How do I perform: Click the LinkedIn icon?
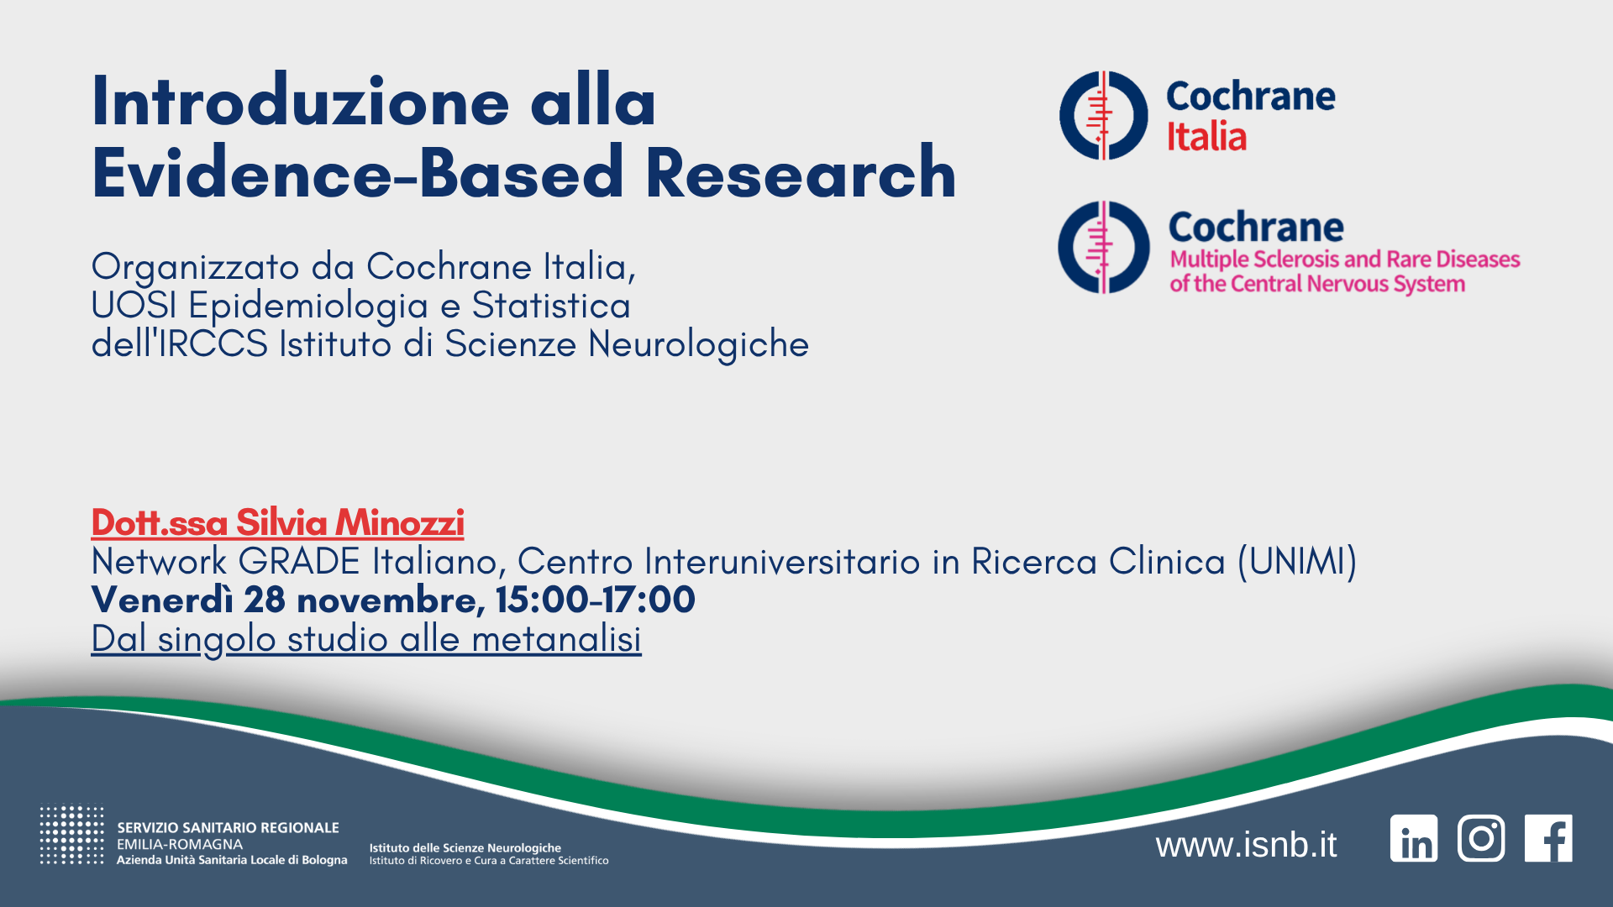[1413, 838]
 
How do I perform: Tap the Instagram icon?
[1480, 838]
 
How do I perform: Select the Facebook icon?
[1548, 838]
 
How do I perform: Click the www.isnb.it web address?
[1246, 844]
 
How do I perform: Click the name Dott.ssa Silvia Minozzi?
[277, 522]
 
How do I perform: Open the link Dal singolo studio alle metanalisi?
[366, 638]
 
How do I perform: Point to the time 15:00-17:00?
[595, 600]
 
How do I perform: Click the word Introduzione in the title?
[300, 102]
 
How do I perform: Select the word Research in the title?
[801, 173]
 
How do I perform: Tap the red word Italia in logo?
[1206, 136]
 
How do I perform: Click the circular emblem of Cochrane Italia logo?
[1103, 116]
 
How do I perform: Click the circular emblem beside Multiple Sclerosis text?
[1103, 247]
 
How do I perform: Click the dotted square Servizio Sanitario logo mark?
[71, 835]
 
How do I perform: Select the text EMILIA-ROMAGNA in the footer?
[179, 844]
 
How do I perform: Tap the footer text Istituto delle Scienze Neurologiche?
[465, 847]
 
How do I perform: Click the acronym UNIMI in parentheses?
[1297, 561]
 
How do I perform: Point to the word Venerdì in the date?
[161, 600]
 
